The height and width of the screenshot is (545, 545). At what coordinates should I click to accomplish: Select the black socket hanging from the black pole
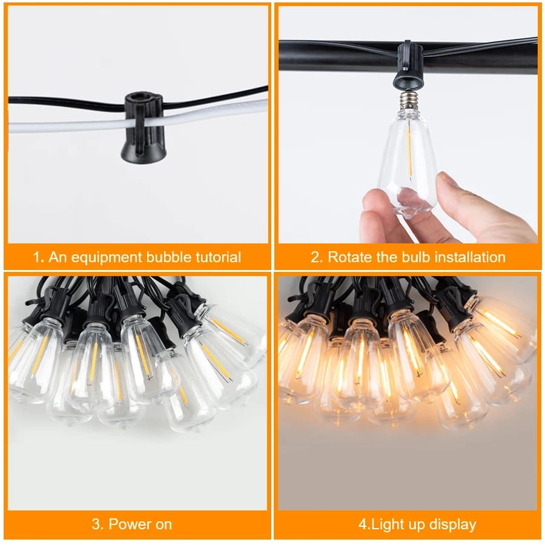click(408, 68)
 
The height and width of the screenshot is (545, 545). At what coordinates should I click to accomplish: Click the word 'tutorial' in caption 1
click(215, 257)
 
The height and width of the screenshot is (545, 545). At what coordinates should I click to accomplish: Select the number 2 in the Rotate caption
click(315, 257)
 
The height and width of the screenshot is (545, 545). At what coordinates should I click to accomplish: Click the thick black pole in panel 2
click(339, 56)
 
